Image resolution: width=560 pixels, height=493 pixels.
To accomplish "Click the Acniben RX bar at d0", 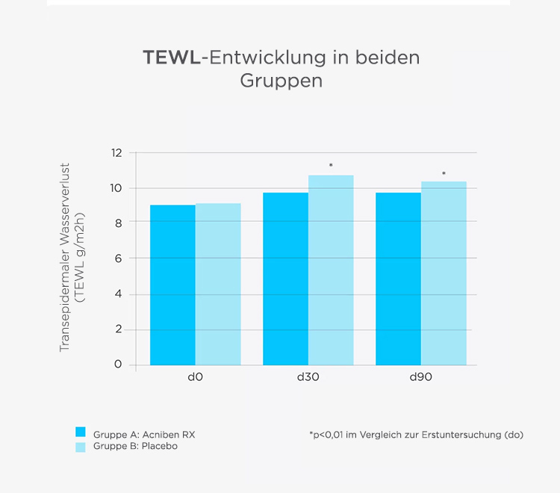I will tap(172, 285).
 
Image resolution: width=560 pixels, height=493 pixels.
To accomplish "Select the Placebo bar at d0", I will tap(218, 284).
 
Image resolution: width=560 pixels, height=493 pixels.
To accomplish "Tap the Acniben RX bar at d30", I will tap(285, 279).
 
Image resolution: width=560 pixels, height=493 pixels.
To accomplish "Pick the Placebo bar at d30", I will tap(331, 270).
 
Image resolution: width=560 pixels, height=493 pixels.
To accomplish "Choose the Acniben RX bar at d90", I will tap(398, 279).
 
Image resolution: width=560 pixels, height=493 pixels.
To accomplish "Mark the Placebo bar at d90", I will tap(444, 273).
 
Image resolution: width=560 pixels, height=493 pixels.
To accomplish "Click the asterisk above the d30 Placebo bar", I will tap(331, 166).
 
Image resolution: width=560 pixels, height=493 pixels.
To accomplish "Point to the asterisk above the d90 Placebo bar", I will tap(444, 174).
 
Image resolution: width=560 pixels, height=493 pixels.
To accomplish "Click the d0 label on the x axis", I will tap(196, 377).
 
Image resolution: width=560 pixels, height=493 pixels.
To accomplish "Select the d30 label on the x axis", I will tap(308, 377).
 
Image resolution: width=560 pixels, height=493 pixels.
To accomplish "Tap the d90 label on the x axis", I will tap(420, 377).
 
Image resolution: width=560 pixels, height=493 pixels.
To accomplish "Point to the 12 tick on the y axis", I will tap(116, 153).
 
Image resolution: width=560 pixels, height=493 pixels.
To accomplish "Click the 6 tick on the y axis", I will tap(117, 258).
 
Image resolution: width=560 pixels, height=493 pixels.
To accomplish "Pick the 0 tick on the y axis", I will tap(117, 365).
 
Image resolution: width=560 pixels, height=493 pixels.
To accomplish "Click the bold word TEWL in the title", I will tap(172, 58).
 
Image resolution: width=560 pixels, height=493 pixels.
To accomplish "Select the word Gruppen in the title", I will tap(281, 81).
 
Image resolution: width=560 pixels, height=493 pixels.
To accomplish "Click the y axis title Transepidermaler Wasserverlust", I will tap(65, 258).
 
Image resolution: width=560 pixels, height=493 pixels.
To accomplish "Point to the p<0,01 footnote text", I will tap(415, 434).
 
